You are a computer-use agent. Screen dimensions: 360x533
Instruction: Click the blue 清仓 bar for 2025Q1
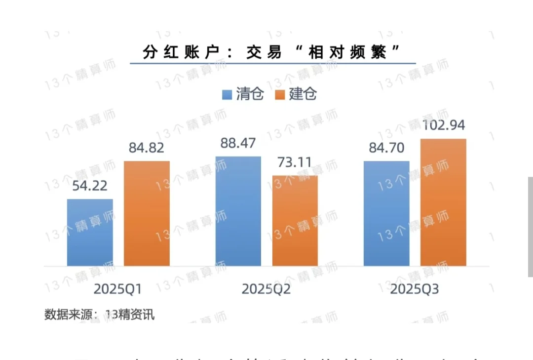coord(90,233)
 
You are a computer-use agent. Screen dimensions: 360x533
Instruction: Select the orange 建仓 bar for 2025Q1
coord(147,213)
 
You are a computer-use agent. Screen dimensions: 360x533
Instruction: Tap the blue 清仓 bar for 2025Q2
coord(238,211)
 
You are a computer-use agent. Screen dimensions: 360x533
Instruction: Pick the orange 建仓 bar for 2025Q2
coord(295,221)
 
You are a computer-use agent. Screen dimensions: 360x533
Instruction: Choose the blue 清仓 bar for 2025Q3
coord(386,213)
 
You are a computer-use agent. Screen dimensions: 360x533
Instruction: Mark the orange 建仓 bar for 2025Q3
coord(443,202)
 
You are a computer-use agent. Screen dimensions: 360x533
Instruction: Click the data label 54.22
coord(90,187)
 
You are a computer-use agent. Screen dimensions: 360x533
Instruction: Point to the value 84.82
coord(147,148)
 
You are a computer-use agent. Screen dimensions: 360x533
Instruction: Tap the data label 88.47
coord(238,143)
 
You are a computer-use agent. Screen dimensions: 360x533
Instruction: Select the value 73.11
coord(295,162)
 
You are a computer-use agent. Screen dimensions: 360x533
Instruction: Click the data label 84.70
coord(386,148)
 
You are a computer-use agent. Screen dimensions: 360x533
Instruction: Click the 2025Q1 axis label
coord(118,289)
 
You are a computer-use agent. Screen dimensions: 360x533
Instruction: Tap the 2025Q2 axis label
coord(266,289)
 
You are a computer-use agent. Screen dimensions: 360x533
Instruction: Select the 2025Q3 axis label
coord(415,289)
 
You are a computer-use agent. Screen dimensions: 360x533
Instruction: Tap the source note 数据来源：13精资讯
coord(99,315)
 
